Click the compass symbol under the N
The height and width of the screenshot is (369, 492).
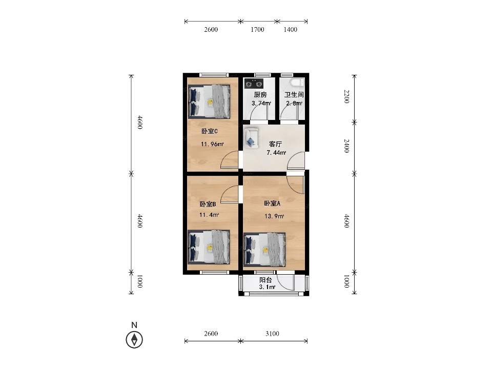(134, 339)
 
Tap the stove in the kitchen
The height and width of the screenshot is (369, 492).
(254, 84)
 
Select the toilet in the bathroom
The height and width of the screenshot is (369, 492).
(297, 83)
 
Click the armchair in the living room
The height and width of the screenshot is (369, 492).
(251, 138)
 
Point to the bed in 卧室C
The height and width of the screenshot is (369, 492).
(209, 101)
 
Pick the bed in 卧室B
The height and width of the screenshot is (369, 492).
(209, 247)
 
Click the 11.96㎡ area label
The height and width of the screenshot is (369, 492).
(212, 145)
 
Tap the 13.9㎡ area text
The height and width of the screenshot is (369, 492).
(274, 216)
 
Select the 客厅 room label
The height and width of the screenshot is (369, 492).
(276, 144)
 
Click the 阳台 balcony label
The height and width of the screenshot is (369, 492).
(265, 280)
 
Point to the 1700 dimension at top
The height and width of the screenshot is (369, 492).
(257, 30)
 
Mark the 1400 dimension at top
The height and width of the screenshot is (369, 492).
(290, 30)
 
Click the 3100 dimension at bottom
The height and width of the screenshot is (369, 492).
(272, 334)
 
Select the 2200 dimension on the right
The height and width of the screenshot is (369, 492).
(346, 96)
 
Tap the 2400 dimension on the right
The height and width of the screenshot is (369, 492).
(346, 146)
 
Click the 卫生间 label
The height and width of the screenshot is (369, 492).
(294, 94)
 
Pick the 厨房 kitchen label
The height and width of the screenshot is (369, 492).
(260, 94)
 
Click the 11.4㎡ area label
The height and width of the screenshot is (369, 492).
(209, 215)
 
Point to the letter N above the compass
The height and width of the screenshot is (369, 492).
(134, 325)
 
